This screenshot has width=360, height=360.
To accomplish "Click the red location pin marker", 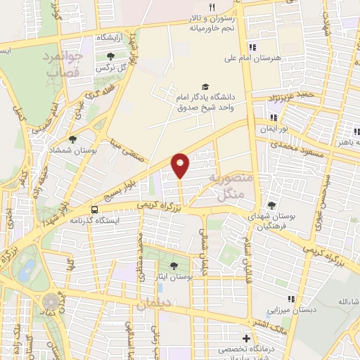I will [181, 165].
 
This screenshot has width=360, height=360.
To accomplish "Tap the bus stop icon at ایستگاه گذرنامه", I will [94, 210].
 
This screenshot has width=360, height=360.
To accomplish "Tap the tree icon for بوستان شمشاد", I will [73, 139].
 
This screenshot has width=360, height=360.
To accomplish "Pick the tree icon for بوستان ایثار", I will [173, 265].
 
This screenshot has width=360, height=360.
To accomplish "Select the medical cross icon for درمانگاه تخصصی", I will [246, 338].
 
